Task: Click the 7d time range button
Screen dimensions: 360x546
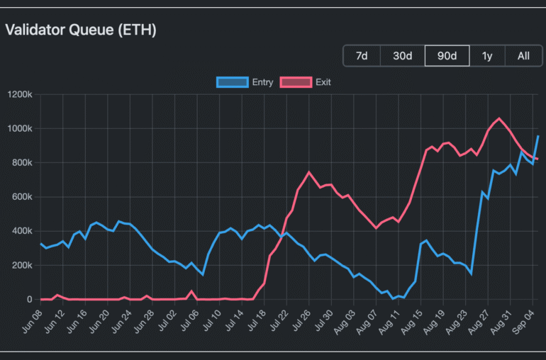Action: (x=362, y=56)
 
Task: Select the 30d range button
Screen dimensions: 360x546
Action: (x=403, y=56)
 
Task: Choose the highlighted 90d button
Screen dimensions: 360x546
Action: (x=447, y=56)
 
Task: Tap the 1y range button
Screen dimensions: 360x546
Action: (x=487, y=56)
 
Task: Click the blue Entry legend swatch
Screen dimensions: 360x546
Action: (x=233, y=82)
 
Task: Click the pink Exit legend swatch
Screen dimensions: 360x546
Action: (x=296, y=82)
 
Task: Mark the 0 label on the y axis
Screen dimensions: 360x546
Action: (x=30, y=300)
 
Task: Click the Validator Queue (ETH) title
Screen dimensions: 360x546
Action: (x=81, y=30)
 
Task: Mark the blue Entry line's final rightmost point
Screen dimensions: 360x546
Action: (x=537, y=136)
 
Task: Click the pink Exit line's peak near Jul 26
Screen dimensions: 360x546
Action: (x=309, y=172)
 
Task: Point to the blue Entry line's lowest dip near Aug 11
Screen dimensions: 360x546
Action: (x=393, y=298)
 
